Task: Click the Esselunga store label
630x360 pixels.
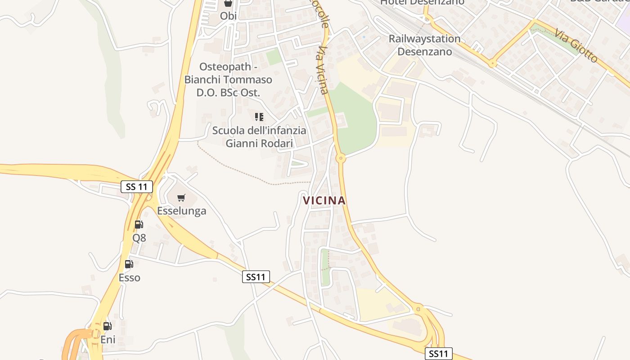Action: (x=181, y=211)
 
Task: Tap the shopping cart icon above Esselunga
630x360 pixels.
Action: (x=181, y=198)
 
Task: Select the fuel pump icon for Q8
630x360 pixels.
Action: (x=139, y=225)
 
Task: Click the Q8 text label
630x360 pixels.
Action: (x=139, y=238)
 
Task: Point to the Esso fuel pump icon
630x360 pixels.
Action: (x=129, y=264)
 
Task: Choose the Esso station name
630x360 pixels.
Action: (x=129, y=277)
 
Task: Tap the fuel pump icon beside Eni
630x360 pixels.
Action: (x=107, y=326)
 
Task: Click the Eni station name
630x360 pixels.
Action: (x=108, y=340)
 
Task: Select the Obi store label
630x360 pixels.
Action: (x=228, y=16)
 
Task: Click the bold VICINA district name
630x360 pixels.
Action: (x=324, y=200)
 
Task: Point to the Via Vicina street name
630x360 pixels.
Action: (x=324, y=70)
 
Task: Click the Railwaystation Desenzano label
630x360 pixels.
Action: (x=424, y=45)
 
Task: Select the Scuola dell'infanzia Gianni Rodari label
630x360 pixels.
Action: (x=259, y=137)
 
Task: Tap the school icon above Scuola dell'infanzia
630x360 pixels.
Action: (x=259, y=117)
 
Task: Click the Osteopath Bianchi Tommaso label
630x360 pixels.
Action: (x=228, y=80)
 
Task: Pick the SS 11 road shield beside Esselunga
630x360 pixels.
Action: (x=137, y=186)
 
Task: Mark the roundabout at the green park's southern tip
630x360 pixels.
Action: (x=341, y=158)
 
